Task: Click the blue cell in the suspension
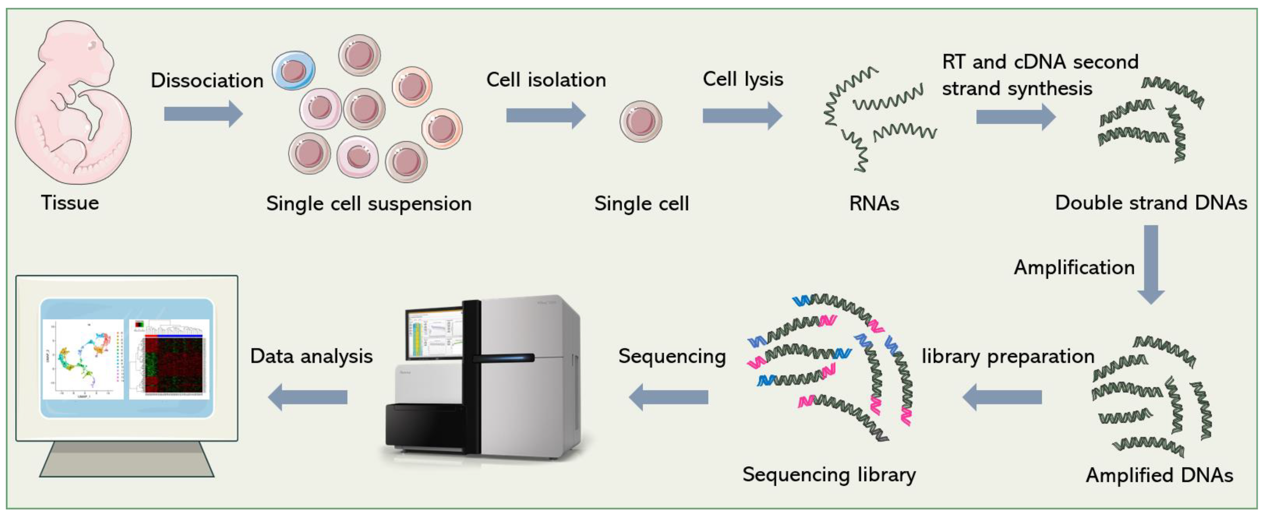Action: click(x=293, y=71)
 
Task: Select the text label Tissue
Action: click(x=70, y=203)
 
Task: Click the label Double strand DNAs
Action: click(x=1151, y=203)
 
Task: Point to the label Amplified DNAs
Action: click(x=1159, y=475)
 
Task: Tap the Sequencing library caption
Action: click(x=829, y=474)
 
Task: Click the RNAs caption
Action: click(x=874, y=203)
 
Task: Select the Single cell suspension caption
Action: click(x=368, y=203)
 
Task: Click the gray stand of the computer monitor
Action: click(x=127, y=459)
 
